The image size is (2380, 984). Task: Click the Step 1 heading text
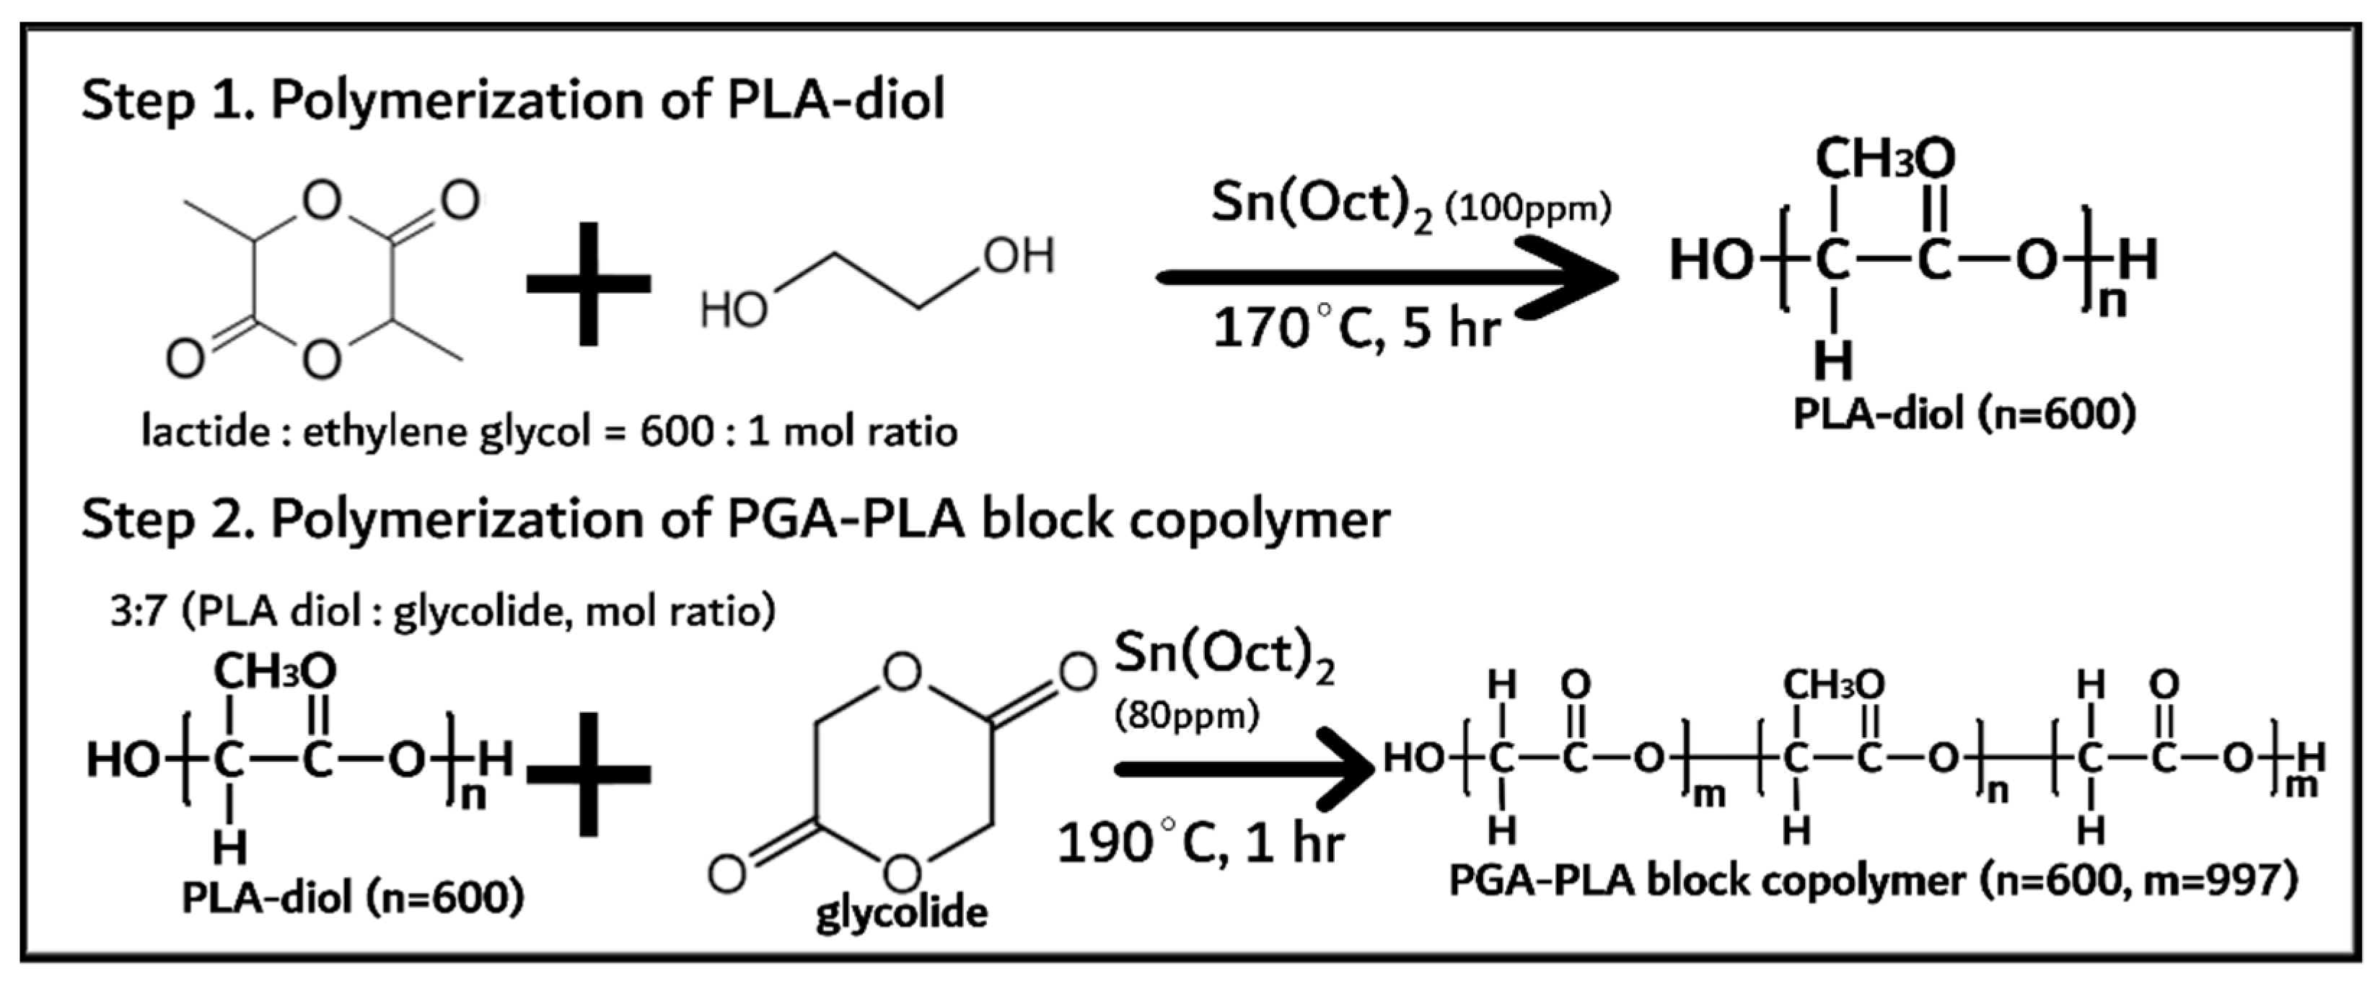[513, 100]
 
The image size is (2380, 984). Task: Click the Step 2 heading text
[734, 519]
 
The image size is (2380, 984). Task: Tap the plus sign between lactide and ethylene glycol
[589, 284]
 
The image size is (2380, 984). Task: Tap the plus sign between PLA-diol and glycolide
[589, 774]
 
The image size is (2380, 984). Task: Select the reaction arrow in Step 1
[1386, 276]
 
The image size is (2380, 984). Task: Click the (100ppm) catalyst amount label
[1528, 208]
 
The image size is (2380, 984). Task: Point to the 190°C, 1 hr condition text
[1199, 843]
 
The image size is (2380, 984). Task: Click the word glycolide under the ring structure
[901, 913]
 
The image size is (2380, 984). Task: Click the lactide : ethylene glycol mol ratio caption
[549, 431]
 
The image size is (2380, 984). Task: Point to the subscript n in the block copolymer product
[1997, 792]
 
